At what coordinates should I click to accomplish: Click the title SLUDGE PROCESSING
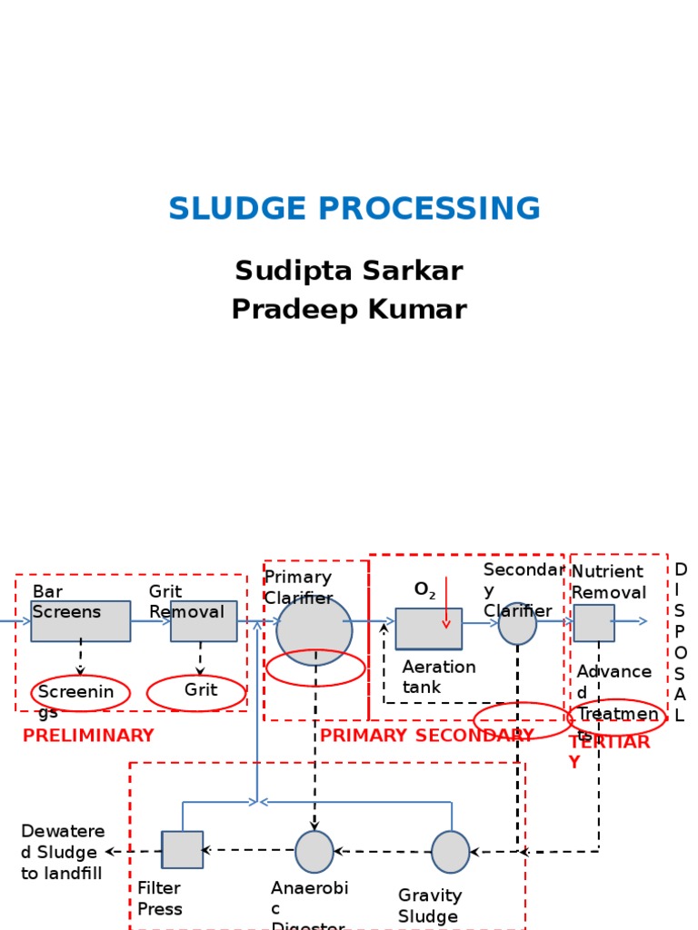354,209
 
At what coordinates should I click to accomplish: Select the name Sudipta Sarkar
349,271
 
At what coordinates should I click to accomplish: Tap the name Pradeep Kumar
349,310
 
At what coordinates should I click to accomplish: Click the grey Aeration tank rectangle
428,629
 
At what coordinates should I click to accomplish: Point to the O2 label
424,589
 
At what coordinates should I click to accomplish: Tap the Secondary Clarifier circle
517,624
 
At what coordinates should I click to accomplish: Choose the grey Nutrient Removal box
593,623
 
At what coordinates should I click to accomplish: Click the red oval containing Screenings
80,693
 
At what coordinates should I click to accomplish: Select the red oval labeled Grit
196,692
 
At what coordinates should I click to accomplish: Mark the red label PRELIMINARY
88,736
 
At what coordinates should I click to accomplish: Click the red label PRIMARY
363,736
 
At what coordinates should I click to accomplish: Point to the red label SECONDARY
474,736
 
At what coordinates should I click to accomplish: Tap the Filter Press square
182,850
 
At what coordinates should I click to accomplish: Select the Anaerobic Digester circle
314,851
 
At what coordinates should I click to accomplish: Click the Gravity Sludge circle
450,852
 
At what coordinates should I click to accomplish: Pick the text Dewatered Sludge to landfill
63,853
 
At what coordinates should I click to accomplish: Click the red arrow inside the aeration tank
446,603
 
